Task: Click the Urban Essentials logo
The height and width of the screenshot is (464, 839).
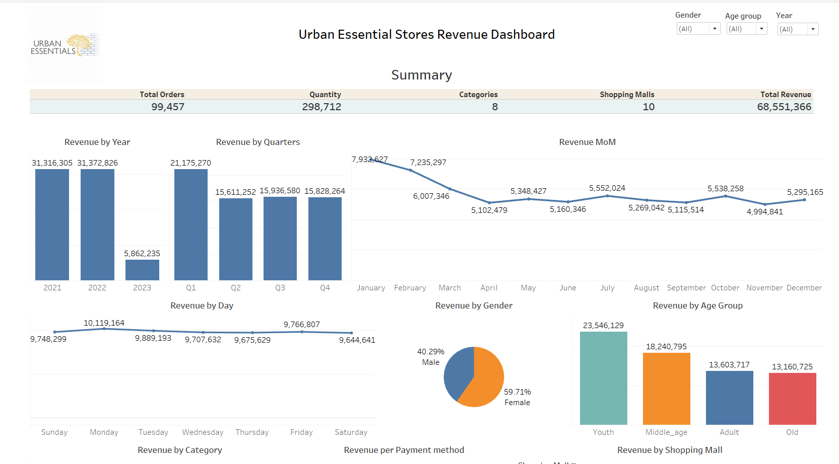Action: [64, 45]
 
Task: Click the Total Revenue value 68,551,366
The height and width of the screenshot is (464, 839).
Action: [784, 107]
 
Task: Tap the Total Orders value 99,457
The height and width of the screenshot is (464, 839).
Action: [168, 107]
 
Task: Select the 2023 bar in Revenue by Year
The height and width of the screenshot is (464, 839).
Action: [142, 270]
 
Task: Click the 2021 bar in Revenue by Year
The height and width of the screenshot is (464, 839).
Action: [52, 224]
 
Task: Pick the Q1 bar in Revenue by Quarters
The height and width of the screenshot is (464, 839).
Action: [191, 224]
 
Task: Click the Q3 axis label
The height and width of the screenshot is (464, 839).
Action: [280, 288]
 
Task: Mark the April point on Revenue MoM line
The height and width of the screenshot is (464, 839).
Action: [489, 202]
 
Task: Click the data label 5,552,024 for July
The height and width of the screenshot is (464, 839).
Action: [607, 188]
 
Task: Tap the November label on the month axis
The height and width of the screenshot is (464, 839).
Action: [764, 288]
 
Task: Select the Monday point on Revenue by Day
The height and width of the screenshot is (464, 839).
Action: [104, 329]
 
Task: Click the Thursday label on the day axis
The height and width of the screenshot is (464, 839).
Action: [252, 432]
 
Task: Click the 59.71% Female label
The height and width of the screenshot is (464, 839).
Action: [518, 392]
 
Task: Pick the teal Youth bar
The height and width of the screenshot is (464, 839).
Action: [603, 378]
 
